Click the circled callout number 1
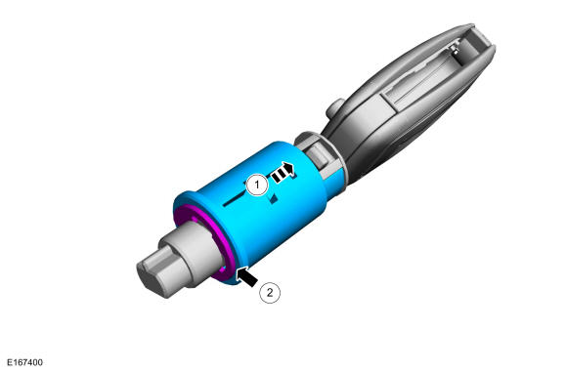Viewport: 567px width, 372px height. click(x=257, y=186)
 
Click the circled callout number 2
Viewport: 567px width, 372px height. click(x=270, y=292)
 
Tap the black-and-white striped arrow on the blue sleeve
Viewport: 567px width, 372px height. click(x=283, y=173)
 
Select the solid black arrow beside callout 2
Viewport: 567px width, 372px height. click(x=246, y=276)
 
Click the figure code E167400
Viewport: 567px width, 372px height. click(x=24, y=362)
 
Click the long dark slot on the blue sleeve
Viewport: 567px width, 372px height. click(x=235, y=198)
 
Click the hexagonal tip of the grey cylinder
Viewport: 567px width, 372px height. click(x=151, y=276)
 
